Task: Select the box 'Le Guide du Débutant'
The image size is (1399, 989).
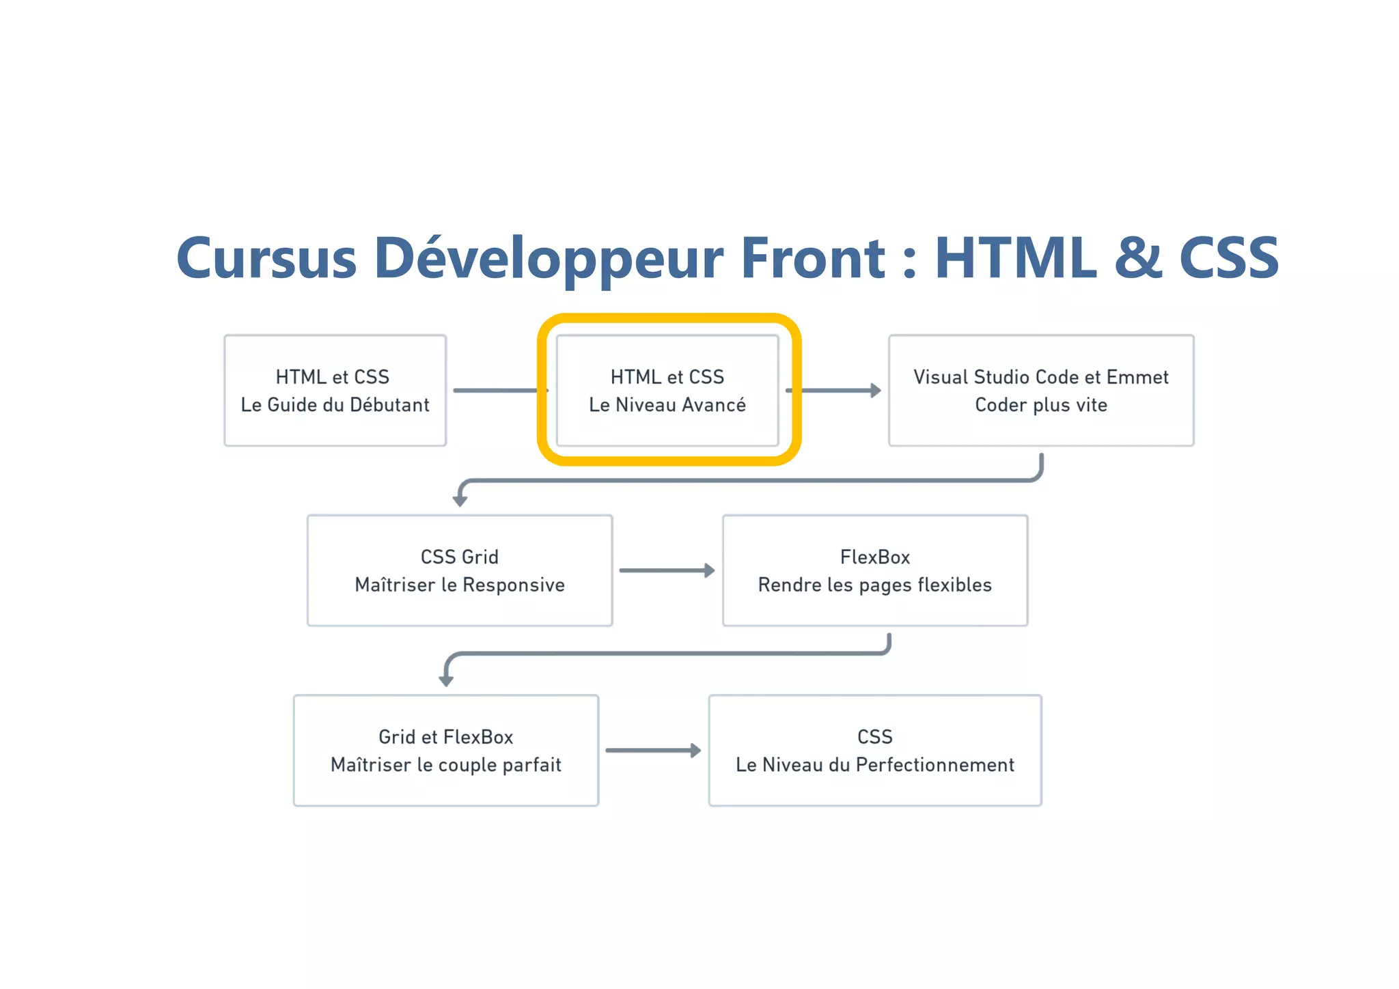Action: (x=335, y=391)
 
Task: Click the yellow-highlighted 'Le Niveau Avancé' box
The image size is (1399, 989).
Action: (x=667, y=391)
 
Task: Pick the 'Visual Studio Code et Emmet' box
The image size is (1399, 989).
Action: (x=1040, y=391)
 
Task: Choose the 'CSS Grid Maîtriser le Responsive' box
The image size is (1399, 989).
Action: (x=459, y=571)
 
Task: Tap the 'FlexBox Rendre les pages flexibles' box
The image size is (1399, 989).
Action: (x=874, y=571)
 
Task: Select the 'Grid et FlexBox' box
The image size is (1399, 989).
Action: (x=445, y=751)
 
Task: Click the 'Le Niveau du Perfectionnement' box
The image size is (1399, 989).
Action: (x=874, y=751)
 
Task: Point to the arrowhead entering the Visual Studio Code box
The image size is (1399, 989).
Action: (x=875, y=391)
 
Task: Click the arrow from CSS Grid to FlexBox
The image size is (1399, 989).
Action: (x=666, y=570)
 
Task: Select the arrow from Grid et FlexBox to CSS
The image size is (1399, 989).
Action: (x=652, y=751)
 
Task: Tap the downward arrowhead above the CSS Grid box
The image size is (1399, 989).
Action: (x=460, y=501)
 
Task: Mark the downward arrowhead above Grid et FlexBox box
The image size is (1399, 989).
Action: (x=446, y=680)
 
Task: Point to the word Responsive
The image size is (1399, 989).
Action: (x=513, y=585)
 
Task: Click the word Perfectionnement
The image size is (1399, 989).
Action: (x=934, y=765)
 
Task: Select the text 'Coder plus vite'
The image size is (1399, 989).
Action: (x=1040, y=405)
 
